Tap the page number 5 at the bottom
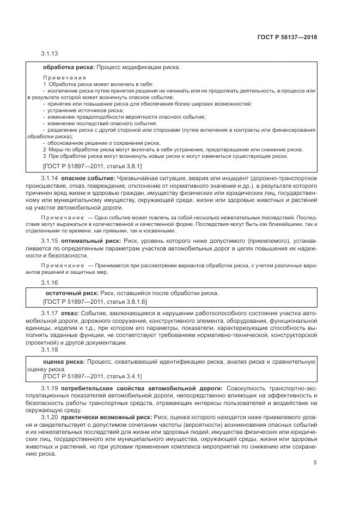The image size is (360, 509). coord(315,463)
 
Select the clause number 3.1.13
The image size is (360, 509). coord(49,54)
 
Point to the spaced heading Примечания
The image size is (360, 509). coord(65,77)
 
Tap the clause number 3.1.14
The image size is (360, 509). coord(49,178)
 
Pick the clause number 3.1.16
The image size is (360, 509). coord(49,283)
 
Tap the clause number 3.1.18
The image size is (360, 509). coord(49,351)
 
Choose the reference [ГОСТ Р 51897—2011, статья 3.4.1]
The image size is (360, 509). coord(92,376)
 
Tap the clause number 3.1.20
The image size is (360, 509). coord(49,417)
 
